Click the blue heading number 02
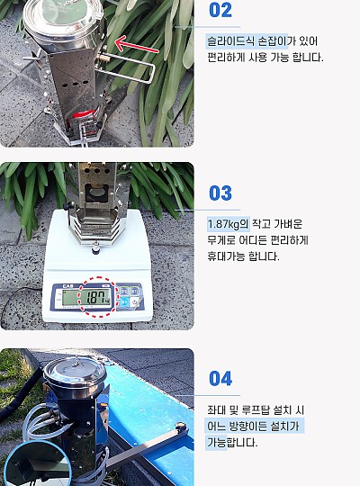click(x=220, y=10)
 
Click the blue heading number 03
click(x=220, y=193)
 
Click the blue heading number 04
click(x=220, y=378)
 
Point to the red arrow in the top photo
click(x=137, y=45)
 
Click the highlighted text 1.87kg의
click(x=229, y=224)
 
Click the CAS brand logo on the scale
click(x=67, y=286)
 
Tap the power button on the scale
click(x=134, y=301)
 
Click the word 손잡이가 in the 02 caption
click(x=273, y=41)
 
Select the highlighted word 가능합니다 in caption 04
click(x=232, y=442)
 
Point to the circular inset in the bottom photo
click(x=38, y=463)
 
